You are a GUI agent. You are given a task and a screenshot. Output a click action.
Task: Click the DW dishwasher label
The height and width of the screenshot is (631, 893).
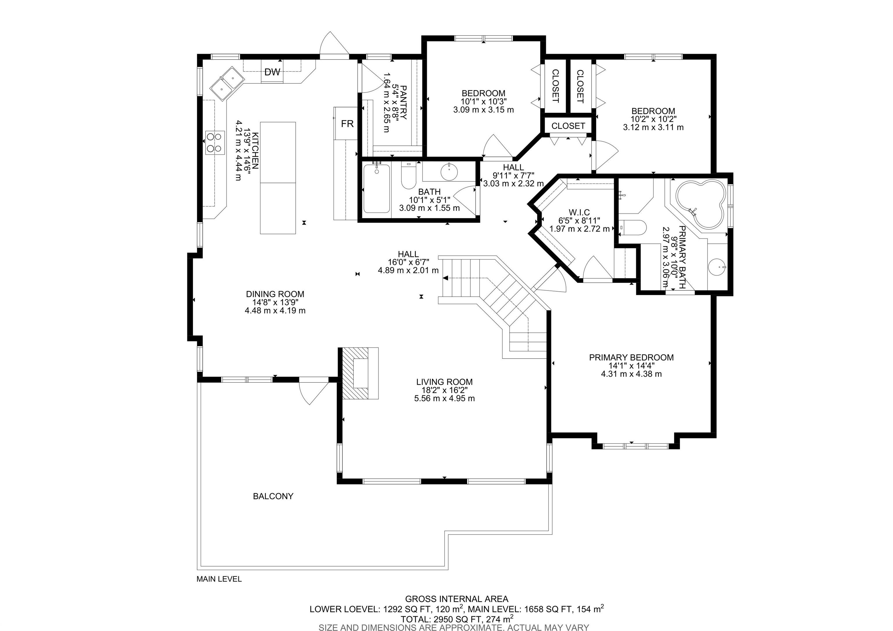click(x=272, y=72)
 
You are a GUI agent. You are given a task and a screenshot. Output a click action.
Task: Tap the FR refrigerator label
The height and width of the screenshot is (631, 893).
click(x=347, y=124)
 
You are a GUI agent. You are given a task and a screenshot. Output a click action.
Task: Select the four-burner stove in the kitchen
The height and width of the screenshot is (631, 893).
click(x=215, y=142)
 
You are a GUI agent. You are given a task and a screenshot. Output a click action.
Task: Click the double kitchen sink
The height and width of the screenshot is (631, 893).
click(x=227, y=84)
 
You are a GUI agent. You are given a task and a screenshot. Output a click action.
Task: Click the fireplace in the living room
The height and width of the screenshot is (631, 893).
click(x=360, y=373)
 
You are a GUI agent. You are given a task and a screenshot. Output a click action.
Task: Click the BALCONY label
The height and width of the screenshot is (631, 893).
click(x=273, y=496)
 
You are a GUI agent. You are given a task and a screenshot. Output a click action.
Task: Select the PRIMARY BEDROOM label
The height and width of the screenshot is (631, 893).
click(x=631, y=357)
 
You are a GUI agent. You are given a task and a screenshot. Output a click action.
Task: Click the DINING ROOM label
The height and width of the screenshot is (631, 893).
click(x=275, y=294)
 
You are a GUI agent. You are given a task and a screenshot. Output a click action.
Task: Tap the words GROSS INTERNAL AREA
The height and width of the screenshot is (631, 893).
click(x=457, y=599)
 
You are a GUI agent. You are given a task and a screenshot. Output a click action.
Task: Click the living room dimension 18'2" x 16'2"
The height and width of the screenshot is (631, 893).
click(x=444, y=390)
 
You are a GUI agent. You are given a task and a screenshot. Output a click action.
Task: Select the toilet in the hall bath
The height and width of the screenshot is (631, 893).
click(x=408, y=176)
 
